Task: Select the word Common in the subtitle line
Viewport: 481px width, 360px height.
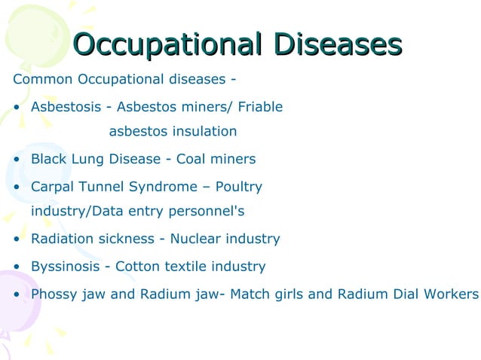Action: [x=40, y=79]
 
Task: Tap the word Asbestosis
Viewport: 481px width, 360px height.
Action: [x=66, y=107]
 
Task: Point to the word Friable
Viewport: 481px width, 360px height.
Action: [x=260, y=107]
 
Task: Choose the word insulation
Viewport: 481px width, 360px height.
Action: [x=204, y=132]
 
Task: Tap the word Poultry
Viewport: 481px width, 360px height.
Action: [x=239, y=186]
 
